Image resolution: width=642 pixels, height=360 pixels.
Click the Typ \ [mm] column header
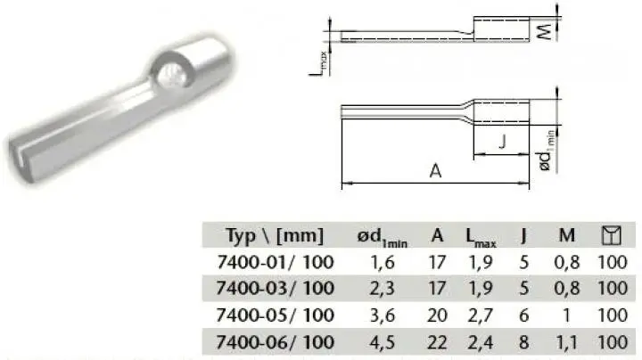coord(275,235)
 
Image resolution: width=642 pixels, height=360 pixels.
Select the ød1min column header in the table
coord(382,238)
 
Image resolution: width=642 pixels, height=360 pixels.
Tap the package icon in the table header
coord(612,235)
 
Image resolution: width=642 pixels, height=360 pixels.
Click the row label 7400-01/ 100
coord(276,262)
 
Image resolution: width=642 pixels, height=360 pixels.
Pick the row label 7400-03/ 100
coord(276,288)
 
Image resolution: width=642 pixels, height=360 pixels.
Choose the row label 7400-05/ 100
coord(276,315)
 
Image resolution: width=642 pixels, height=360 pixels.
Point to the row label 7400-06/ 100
coord(276,342)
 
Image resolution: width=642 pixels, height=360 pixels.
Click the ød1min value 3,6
coord(383,315)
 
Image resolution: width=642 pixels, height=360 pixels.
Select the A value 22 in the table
coord(437,342)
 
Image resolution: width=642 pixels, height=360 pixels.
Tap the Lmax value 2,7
coord(481,315)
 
